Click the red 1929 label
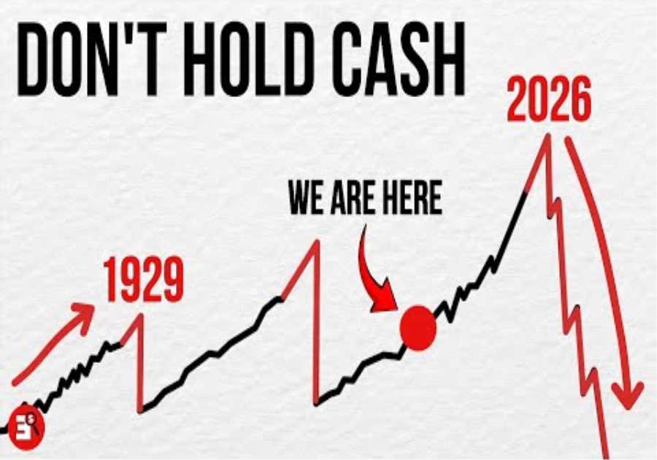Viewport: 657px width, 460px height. click(x=143, y=280)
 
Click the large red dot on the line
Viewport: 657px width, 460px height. click(x=418, y=328)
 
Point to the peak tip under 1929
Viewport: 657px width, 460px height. click(x=136, y=314)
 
